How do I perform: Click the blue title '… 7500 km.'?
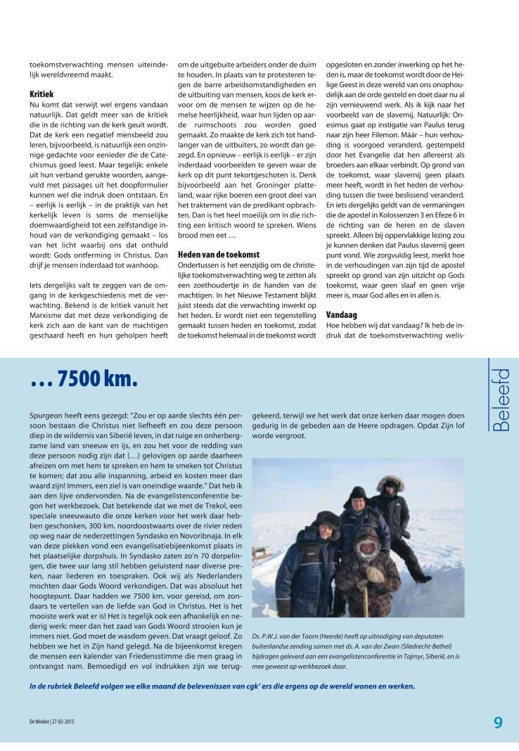click(x=84, y=380)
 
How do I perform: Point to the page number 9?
click(x=498, y=723)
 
